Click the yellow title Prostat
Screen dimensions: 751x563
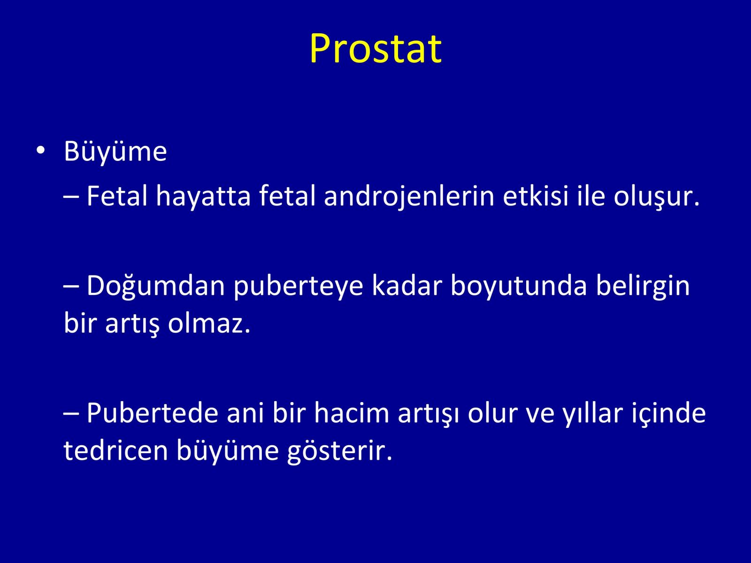coord(375,48)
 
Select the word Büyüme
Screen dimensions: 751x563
coord(115,151)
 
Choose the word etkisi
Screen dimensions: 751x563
coord(536,196)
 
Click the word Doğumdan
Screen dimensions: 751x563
coord(156,286)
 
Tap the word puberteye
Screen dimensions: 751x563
coord(298,287)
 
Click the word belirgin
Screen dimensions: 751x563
coord(643,287)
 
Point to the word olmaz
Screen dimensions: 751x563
coord(209,323)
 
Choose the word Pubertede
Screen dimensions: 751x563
coord(152,413)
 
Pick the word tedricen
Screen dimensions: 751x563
coord(115,450)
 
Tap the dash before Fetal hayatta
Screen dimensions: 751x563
coord(71,197)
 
